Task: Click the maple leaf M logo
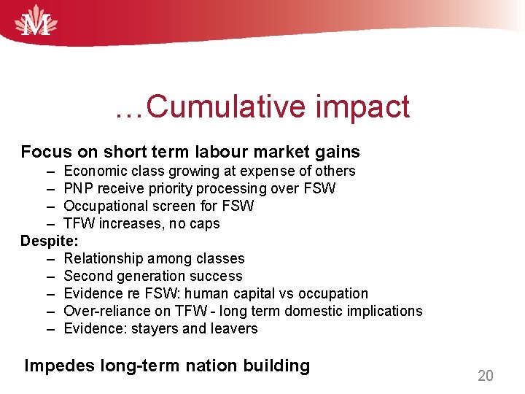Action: [36, 21]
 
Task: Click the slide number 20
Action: [485, 376]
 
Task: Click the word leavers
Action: [234, 328]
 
